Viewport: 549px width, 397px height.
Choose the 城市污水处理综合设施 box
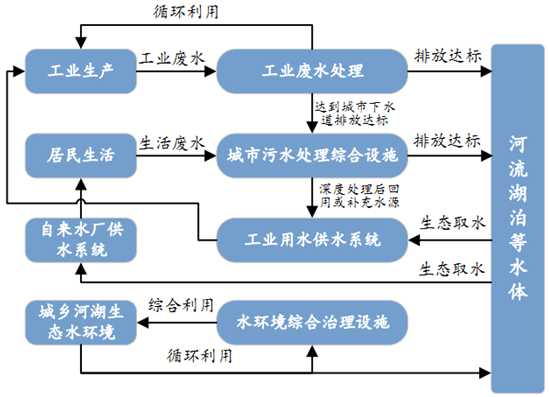[x=311, y=155]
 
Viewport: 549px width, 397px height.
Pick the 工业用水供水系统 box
[x=311, y=240]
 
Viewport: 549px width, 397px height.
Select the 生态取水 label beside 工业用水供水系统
[x=452, y=223]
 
